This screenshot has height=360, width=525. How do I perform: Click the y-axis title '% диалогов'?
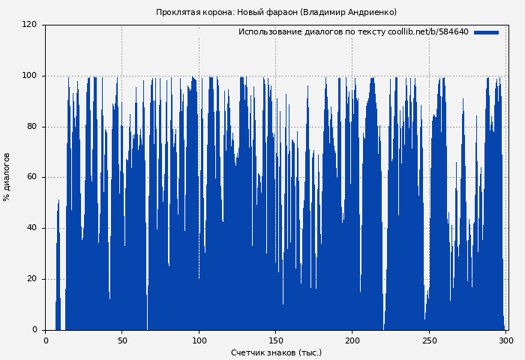(x=7, y=177)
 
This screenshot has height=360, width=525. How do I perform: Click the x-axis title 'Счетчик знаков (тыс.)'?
(x=276, y=352)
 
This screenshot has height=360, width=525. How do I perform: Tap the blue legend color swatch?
(x=486, y=32)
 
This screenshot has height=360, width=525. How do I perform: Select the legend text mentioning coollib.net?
(x=353, y=32)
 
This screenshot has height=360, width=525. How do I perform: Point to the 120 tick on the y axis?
(x=29, y=25)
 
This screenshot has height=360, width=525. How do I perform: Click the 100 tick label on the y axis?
(x=29, y=76)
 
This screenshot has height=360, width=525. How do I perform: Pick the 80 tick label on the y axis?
(x=31, y=127)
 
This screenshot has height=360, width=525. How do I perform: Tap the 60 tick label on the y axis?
(x=31, y=178)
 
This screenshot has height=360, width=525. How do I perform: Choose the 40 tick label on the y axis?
(x=31, y=228)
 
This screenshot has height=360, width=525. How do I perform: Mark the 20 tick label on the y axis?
(x=31, y=279)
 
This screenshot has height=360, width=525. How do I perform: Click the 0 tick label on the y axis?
(x=34, y=330)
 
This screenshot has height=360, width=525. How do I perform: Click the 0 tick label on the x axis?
(x=46, y=340)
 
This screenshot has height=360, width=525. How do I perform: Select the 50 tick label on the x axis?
(x=122, y=340)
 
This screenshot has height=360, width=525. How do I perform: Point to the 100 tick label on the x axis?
(x=199, y=340)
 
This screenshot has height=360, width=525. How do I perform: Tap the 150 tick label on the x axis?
(x=275, y=340)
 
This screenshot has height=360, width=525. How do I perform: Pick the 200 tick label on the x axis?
(x=352, y=340)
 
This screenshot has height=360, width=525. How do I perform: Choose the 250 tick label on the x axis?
(x=429, y=340)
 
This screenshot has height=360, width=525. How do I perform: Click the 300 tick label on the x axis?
(x=505, y=340)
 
